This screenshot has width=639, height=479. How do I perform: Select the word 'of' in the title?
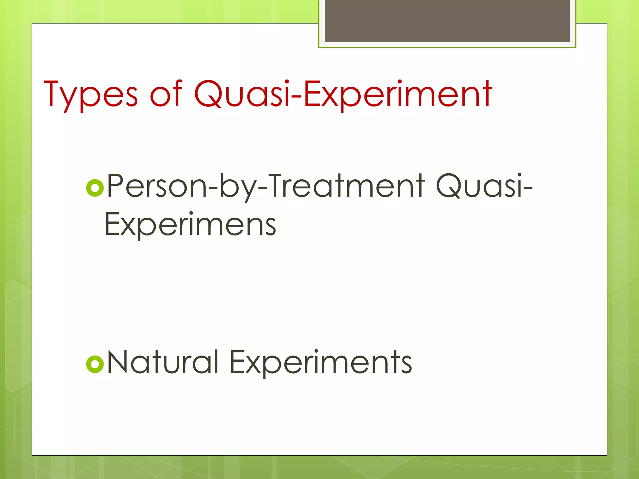(x=166, y=94)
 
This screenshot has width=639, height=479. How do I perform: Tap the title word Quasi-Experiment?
(x=343, y=94)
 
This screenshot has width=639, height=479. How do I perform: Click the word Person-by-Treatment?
(x=266, y=186)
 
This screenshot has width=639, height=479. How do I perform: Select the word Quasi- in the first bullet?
(x=484, y=186)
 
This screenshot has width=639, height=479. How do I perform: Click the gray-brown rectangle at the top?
(x=447, y=21)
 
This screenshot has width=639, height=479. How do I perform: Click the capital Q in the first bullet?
(x=448, y=187)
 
